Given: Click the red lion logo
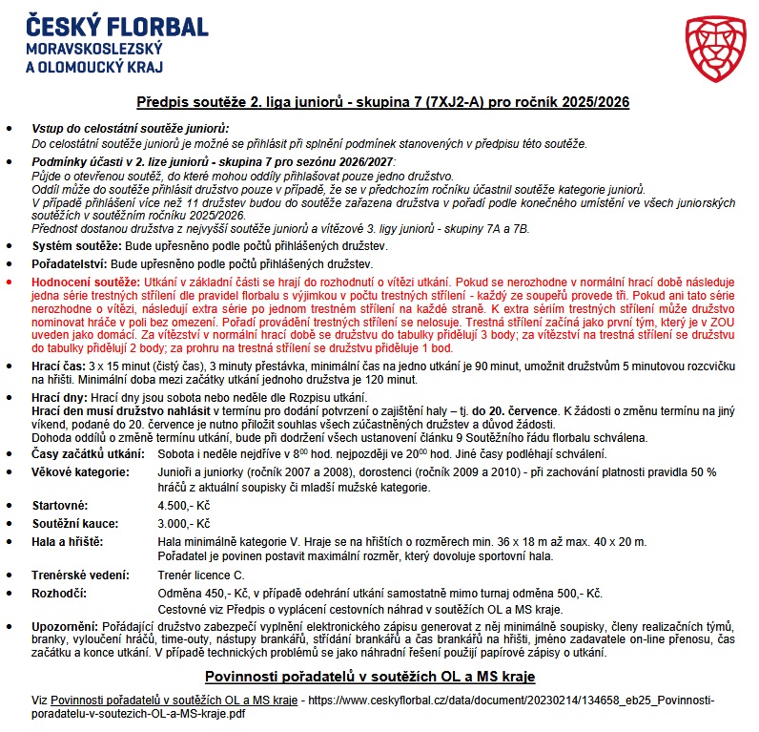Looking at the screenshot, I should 714,49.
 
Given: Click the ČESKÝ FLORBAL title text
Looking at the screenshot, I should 118,26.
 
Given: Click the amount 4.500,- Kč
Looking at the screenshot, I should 184,506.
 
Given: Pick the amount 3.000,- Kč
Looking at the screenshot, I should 184,524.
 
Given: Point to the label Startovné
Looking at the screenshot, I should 61,506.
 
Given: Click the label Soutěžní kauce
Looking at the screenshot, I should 75,524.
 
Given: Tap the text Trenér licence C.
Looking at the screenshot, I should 200,575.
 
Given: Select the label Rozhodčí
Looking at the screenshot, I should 59,593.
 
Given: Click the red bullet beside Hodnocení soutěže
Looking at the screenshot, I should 10,283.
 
